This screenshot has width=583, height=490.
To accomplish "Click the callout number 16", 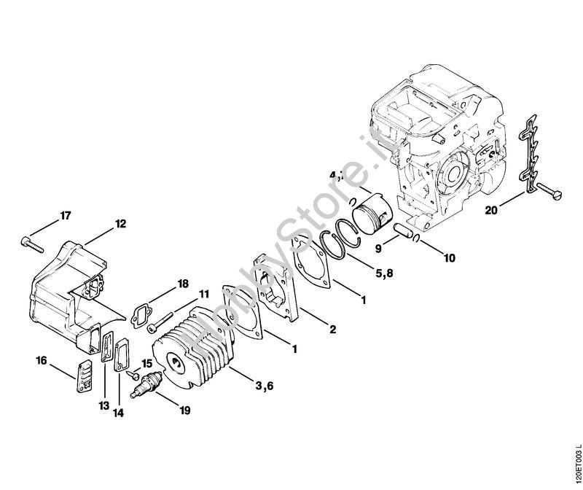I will click(x=42, y=360).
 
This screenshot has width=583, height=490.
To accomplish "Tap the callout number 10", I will click(x=449, y=257).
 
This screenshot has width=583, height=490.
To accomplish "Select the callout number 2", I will click(x=332, y=330).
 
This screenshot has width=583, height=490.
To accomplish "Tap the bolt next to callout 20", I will click(x=550, y=194).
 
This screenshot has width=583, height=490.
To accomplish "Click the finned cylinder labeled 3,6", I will click(x=195, y=350).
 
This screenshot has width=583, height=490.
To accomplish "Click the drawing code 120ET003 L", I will click(x=576, y=456).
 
